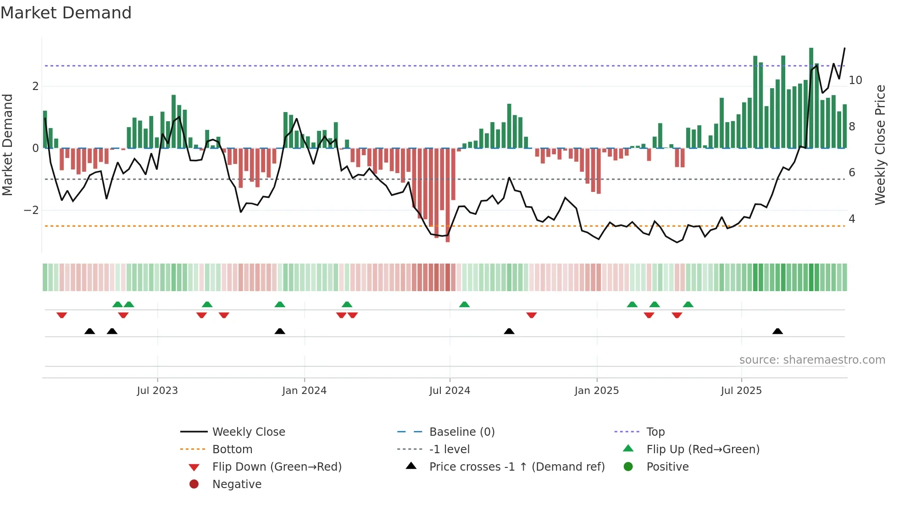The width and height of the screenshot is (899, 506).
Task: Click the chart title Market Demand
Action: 66,13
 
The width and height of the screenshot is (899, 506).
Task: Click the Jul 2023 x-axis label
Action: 157,391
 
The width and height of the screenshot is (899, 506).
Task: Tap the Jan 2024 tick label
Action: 304,391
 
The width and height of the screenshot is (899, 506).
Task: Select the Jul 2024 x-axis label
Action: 449,391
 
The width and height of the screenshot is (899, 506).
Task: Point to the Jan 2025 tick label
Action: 596,391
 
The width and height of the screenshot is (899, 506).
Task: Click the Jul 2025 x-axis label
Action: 741,391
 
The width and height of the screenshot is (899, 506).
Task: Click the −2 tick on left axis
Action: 31,210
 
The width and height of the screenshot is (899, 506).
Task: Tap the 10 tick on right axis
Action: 855,80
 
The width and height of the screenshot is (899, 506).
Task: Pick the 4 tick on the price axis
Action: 852,219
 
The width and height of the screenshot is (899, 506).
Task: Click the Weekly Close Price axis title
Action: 880,145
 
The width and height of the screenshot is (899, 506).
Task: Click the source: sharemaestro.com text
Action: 812,360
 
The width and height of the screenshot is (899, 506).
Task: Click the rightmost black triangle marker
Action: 777,331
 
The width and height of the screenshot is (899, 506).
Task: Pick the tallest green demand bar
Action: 811,97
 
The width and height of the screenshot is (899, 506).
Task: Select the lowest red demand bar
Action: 448,195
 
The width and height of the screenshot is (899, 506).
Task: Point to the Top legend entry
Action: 655,432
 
